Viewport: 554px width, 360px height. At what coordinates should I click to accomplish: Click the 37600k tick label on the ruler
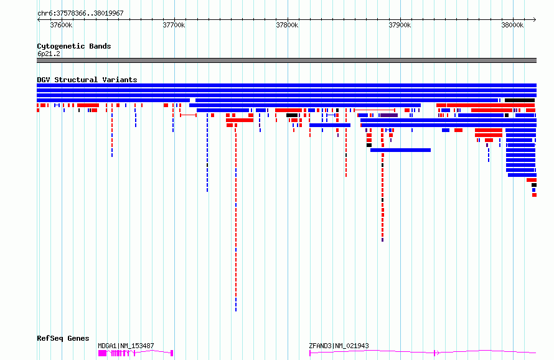[x=60, y=26]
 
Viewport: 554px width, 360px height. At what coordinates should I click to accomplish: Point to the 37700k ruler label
[x=174, y=26]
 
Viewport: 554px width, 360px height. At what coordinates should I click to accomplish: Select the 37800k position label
[x=287, y=26]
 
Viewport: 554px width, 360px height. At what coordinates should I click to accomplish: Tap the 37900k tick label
[x=400, y=26]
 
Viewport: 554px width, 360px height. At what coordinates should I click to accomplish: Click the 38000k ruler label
[x=513, y=26]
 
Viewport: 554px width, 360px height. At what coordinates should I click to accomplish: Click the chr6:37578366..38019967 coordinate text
[x=80, y=13]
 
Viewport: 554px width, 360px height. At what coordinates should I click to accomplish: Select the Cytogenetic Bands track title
[x=73, y=46]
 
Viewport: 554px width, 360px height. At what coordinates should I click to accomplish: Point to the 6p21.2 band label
[x=48, y=54]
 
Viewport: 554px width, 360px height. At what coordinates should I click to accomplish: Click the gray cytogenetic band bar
[x=286, y=60]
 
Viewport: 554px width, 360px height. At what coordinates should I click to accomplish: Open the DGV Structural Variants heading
[x=87, y=80]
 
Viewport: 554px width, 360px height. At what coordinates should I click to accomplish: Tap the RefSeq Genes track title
[x=63, y=338]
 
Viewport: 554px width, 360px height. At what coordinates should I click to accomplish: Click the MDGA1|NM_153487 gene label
[x=126, y=346]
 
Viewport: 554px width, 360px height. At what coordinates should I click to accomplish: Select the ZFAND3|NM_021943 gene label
[x=339, y=346]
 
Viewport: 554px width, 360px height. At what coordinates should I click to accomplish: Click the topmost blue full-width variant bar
[x=286, y=85]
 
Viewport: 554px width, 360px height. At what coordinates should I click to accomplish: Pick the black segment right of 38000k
[x=519, y=100]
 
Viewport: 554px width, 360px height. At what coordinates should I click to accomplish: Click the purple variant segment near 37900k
[x=389, y=115]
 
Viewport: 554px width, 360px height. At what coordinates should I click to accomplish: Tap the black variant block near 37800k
[x=292, y=115]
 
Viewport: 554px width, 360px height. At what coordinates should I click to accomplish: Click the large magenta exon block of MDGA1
[x=102, y=353]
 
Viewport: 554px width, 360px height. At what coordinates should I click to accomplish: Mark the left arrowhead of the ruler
[x=39, y=19]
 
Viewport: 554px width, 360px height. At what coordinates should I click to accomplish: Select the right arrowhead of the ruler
[x=535, y=19]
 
